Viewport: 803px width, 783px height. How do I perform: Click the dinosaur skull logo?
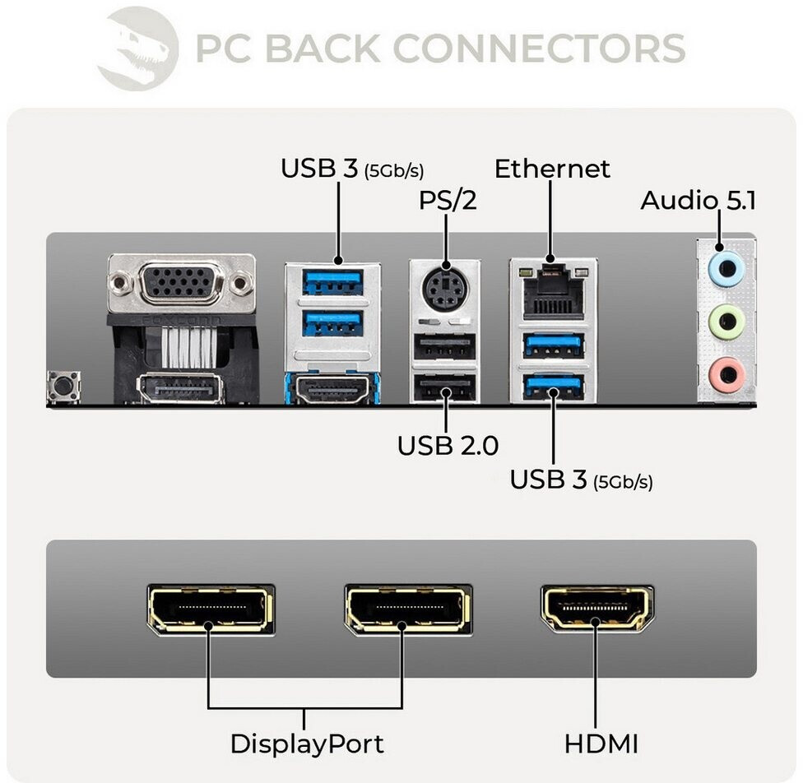click(137, 48)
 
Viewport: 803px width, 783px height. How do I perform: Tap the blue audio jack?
click(726, 268)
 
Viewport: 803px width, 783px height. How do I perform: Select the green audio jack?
click(726, 321)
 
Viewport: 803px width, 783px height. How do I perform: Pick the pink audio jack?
click(726, 374)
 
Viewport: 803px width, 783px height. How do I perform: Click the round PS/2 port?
click(445, 289)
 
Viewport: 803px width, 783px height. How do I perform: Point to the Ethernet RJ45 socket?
click(553, 293)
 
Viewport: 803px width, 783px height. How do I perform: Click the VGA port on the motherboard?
click(181, 285)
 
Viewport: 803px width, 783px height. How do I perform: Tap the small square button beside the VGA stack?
click(63, 387)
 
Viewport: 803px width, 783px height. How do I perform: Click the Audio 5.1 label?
click(698, 200)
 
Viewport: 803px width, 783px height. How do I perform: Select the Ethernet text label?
click(552, 169)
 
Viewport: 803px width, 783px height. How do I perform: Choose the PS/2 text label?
click(448, 200)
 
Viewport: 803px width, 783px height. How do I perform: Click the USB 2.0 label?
click(448, 446)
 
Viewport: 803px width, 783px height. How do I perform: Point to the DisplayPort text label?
click(306, 744)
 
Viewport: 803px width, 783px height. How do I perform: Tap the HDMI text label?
click(601, 744)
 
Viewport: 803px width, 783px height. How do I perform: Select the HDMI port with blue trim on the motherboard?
click(332, 388)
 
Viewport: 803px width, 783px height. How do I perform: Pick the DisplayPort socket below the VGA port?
click(181, 388)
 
